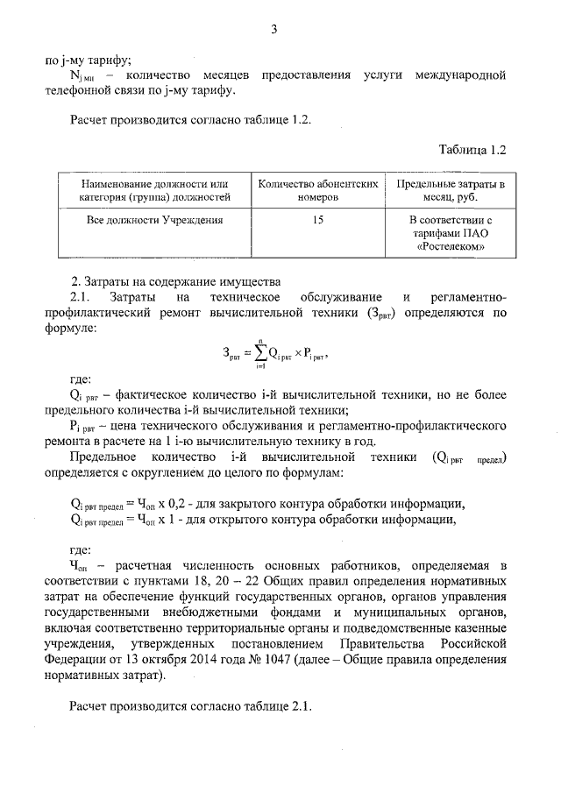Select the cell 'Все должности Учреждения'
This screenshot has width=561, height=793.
(154, 221)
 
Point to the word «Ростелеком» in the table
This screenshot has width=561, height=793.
(451, 248)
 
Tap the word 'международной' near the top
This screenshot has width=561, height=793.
(462, 75)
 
